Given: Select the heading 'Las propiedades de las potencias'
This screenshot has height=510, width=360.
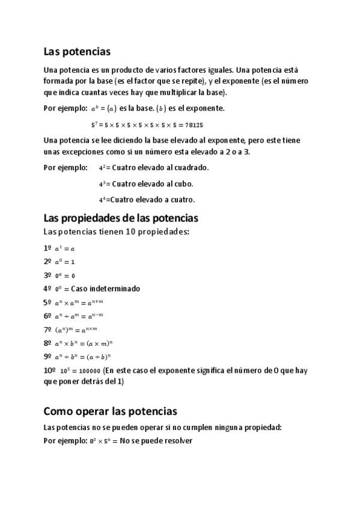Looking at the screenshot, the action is [x=121, y=218].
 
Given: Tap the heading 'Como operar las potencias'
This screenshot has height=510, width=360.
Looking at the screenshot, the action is [x=111, y=411].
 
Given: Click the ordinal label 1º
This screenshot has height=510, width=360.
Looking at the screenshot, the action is [x=47, y=248].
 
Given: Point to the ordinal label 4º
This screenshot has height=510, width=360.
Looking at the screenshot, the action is [x=47, y=289].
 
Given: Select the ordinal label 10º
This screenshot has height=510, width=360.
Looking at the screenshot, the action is [x=50, y=370].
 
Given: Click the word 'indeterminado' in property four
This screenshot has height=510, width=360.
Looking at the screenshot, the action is [x=114, y=289].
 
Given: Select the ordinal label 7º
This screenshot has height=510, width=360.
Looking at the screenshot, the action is [x=47, y=330].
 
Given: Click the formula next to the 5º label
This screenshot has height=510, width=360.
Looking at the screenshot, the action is [x=79, y=303].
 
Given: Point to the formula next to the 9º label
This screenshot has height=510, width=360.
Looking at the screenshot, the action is [x=84, y=357].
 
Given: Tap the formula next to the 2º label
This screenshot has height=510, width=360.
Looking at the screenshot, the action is [x=65, y=262].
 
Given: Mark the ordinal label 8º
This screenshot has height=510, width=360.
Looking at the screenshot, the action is [x=47, y=343].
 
